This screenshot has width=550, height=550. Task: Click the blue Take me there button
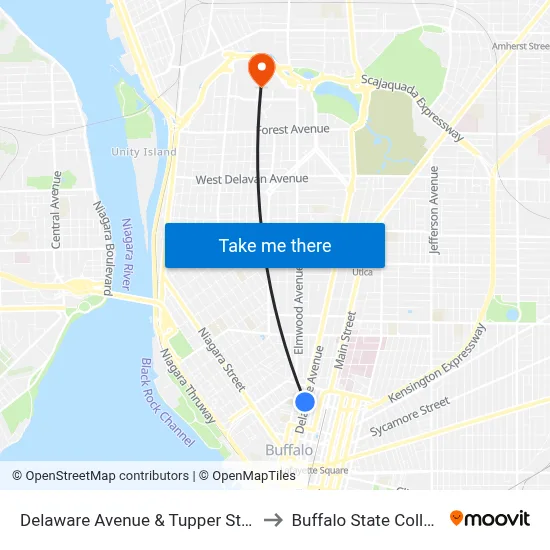[275, 245]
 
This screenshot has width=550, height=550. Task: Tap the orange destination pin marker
[261, 68]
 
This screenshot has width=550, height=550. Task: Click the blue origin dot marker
[305, 401]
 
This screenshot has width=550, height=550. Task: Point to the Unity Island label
[144, 152]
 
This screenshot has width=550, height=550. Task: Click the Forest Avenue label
[294, 129]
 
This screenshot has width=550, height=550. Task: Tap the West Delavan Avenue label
[252, 179]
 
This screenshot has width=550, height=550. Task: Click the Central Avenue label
[57, 209]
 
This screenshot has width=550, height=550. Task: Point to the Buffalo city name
[289, 450]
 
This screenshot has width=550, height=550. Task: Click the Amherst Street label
[520, 46]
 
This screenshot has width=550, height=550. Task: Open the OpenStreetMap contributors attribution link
[100, 476]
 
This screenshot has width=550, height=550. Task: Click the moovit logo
[489, 519]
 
